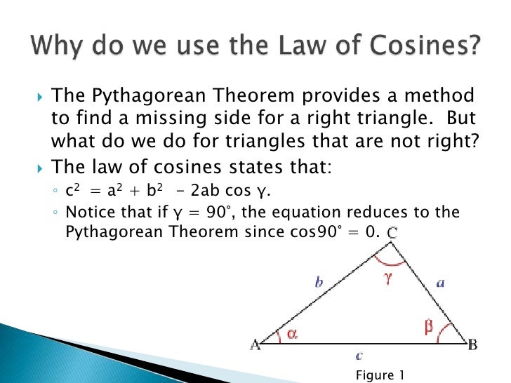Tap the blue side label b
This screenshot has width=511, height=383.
[319, 283]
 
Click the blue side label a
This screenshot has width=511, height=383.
[440, 283]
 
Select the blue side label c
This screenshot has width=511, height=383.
[359, 356]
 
